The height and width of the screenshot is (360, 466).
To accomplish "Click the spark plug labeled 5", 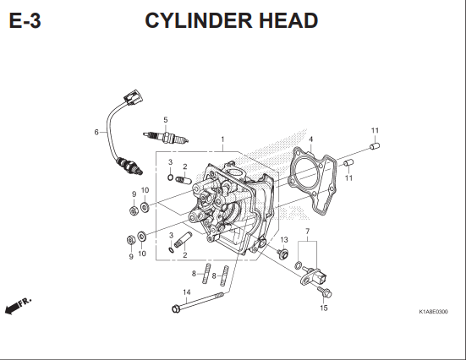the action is pyautogui.click(x=166, y=137).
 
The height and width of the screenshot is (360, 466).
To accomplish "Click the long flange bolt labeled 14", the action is pyautogui.click(x=198, y=302).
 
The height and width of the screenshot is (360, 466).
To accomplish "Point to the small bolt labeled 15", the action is pyautogui.click(x=325, y=292).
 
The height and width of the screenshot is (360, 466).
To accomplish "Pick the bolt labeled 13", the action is pyautogui.click(x=282, y=254).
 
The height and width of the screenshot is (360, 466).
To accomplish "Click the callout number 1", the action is pyautogui.click(x=222, y=139).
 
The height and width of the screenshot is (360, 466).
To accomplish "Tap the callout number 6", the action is pyautogui.click(x=96, y=132).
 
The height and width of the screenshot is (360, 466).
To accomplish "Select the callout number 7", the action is pyautogui.click(x=308, y=231).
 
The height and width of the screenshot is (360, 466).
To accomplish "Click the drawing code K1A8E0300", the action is pyautogui.click(x=433, y=312).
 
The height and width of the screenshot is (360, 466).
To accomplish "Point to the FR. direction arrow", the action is pyautogui.click(x=18, y=306).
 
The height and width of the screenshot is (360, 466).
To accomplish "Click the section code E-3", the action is pyautogui.click(x=25, y=21).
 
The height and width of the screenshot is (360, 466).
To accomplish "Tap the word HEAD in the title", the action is pyautogui.click(x=288, y=20).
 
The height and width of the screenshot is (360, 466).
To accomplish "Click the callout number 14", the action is pyautogui.click(x=187, y=292).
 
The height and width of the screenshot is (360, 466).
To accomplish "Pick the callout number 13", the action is pyautogui.click(x=284, y=240).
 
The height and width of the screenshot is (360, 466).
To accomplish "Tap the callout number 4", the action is pyautogui.click(x=311, y=139).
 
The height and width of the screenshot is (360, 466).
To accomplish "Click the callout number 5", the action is pyautogui.click(x=166, y=120).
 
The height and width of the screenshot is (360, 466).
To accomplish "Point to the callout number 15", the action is pyautogui.click(x=324, y=308).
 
